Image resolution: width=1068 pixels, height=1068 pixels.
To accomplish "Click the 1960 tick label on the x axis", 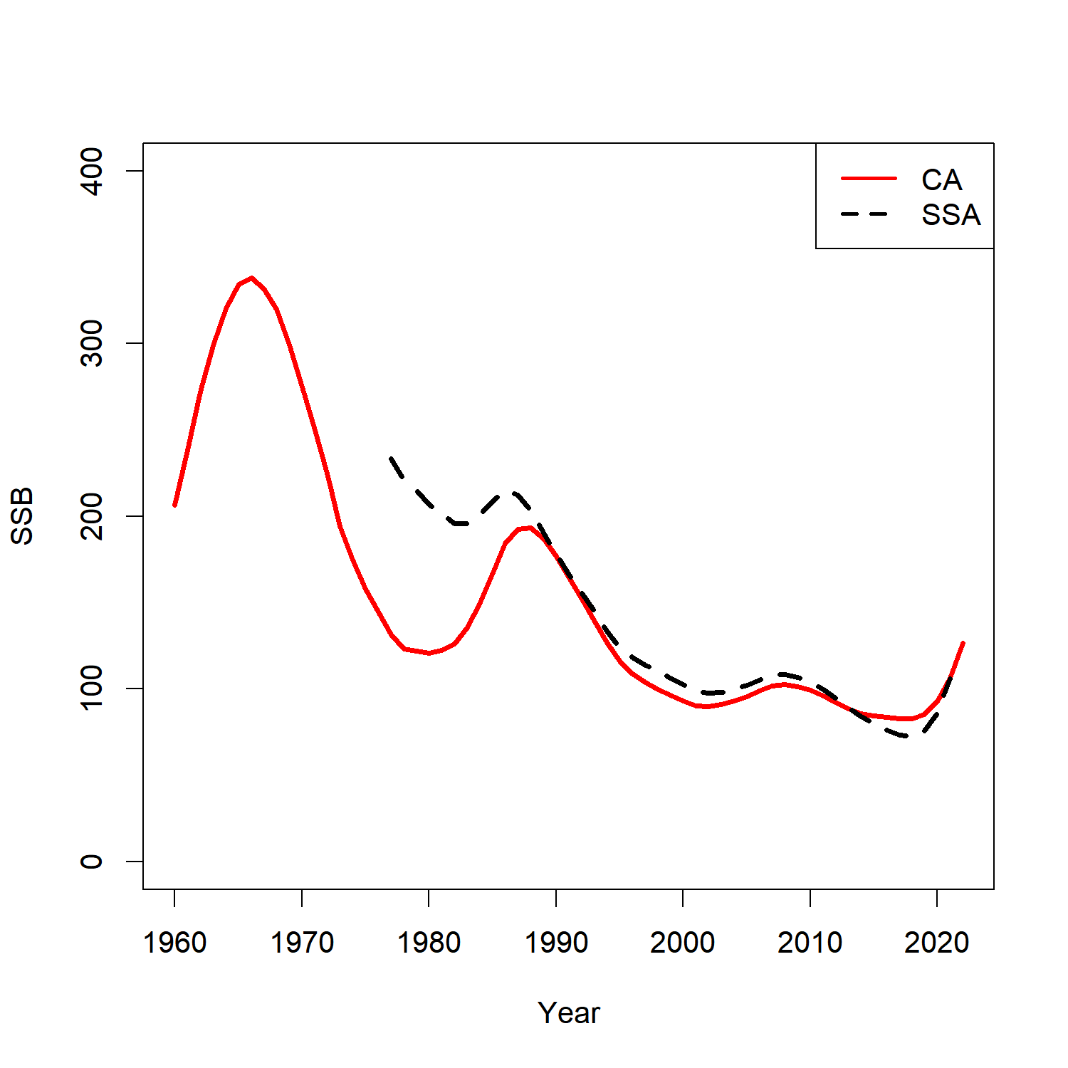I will point(174,943).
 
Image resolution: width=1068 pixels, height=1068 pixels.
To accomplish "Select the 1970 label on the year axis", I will point(302,943).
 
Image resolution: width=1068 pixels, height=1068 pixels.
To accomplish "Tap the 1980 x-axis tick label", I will point(429,943).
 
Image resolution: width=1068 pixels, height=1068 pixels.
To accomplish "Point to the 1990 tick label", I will point(556,943).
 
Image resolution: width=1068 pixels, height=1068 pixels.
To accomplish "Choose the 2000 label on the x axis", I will point(683,943).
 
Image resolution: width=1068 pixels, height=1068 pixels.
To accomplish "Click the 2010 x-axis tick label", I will point(810,943).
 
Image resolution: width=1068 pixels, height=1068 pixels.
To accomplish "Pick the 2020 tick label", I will point(937,943).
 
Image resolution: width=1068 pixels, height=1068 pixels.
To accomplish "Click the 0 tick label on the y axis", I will point(92,862).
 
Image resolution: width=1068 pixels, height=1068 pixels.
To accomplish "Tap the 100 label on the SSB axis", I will point(92,689).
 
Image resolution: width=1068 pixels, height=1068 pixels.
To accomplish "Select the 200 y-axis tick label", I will point(92,516).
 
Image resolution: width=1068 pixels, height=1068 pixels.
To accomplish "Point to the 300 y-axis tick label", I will point(92,343).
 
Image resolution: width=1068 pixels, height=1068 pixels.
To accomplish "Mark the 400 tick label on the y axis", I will point(92,171).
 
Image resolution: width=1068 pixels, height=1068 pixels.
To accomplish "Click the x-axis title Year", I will point(569,1013).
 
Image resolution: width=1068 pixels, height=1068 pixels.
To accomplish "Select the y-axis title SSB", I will point(23,516).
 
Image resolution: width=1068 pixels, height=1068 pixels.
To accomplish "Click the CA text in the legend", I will point(941,180).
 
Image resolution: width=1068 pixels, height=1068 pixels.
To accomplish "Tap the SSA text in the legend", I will point(951,215).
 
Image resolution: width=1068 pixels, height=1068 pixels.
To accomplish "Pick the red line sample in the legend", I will point(869,178).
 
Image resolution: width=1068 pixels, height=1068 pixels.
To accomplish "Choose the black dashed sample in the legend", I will point(869,214).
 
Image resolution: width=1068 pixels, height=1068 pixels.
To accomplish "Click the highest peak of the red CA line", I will point(251,278).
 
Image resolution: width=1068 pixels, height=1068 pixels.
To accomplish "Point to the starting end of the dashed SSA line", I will point(391,458).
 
